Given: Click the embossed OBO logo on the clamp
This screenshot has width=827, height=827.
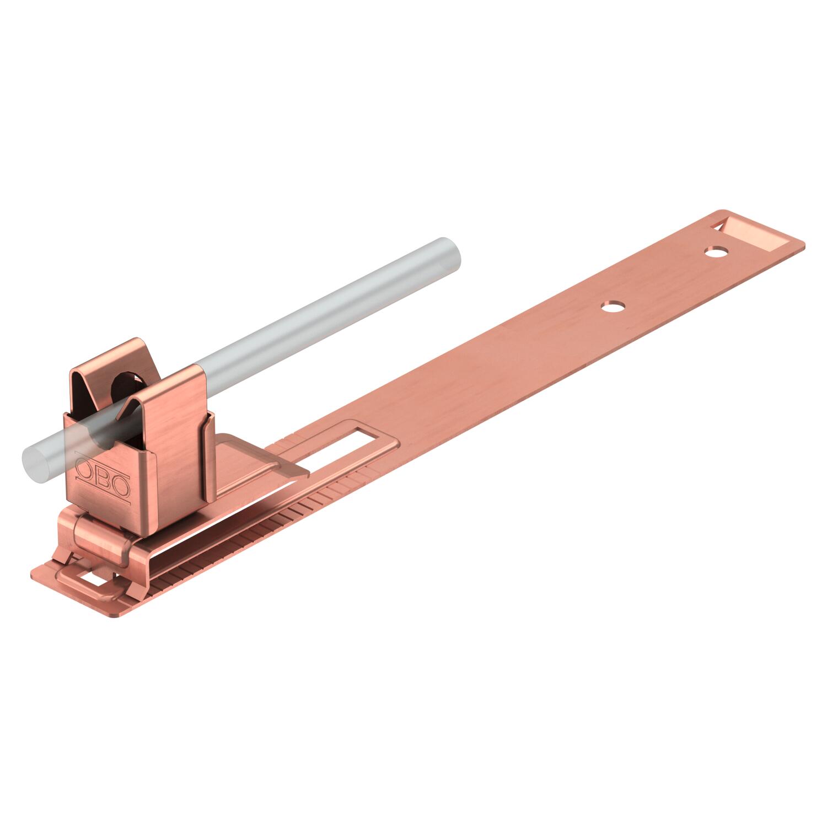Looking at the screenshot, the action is tap(103, 477).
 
